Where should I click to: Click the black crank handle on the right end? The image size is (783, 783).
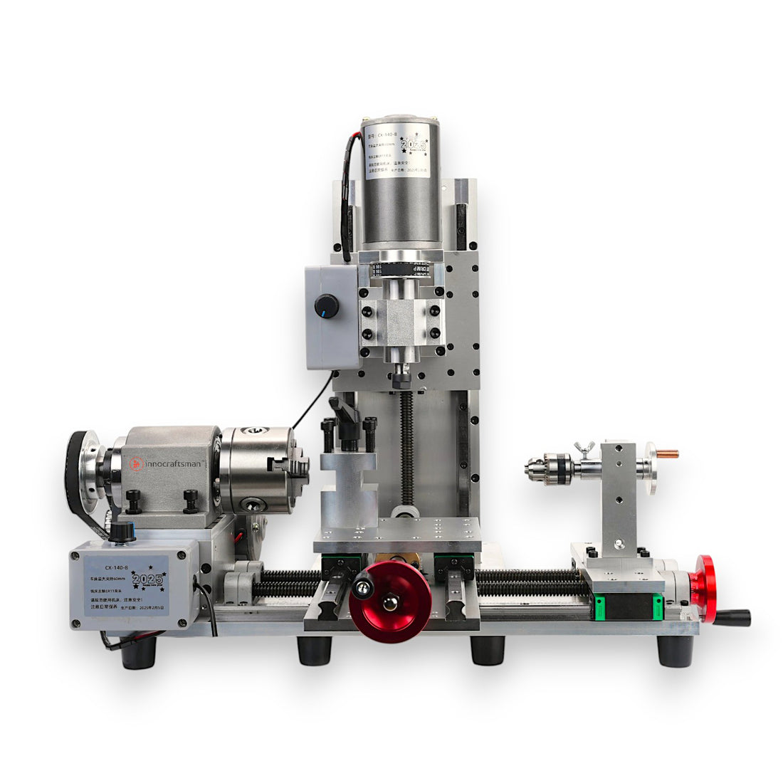[x=733, y=617]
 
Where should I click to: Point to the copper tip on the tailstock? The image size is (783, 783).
[x=668, y=453]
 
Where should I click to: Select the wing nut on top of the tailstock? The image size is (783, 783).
[x=582, y=448]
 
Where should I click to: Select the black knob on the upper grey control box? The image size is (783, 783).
[x=326, y=305]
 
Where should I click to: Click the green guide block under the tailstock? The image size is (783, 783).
[x=628, y=607]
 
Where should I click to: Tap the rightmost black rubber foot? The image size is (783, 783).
[x=675, y=651]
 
